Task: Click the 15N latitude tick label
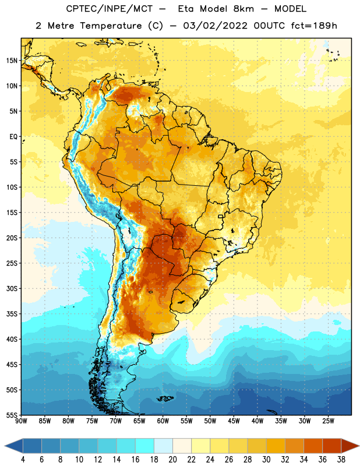12,61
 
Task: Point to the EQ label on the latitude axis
13,137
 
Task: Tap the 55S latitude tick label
12,415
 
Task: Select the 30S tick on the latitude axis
12,288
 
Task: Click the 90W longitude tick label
21,421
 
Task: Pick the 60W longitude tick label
163,421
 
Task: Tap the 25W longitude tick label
328,421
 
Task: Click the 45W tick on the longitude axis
234,421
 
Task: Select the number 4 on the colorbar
23,460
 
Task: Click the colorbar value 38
341,460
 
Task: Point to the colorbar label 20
172,460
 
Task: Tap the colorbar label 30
266,460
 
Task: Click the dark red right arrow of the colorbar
350,446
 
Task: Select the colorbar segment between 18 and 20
163,446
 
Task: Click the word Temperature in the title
111,26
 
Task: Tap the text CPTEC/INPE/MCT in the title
110,9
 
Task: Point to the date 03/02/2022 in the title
215,26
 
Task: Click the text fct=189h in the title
314,26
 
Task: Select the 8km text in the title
243,9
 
